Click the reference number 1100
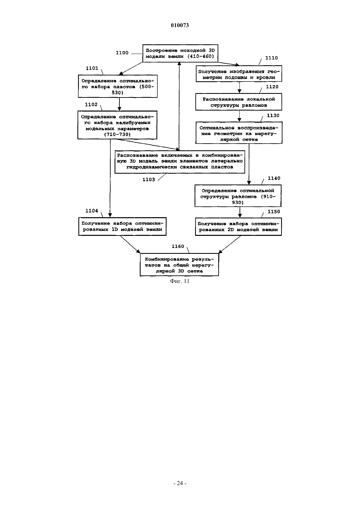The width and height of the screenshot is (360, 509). tap(122, 53)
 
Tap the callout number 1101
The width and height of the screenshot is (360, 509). tap(92, 68)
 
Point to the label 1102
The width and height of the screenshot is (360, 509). tap(91, 105)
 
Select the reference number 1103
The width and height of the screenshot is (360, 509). tap(149, 180)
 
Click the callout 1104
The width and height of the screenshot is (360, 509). tap(92, 211)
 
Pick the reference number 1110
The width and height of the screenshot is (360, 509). tap(271, 58)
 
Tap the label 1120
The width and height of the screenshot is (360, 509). tap(272, 87)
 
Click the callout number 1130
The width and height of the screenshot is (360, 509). tap(273, 115)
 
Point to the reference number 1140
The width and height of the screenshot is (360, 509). tap(274, 178)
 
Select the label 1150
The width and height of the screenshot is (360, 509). tap(274, 212)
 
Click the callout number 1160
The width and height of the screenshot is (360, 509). tap(178, 246)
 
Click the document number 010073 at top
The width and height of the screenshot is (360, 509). tap(180, 25)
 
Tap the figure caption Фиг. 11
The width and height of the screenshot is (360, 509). tap(180, 281)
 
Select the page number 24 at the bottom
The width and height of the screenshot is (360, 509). tap(180, 483)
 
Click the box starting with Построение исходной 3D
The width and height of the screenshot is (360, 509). tap(180, 53)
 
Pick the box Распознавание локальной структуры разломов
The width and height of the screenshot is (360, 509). tap(239, 102)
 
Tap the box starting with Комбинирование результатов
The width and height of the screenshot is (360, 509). tap(179, 265)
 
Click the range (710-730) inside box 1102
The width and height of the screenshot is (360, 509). tap(117, 134)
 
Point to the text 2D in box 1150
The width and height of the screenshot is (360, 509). tap(230, 230)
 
